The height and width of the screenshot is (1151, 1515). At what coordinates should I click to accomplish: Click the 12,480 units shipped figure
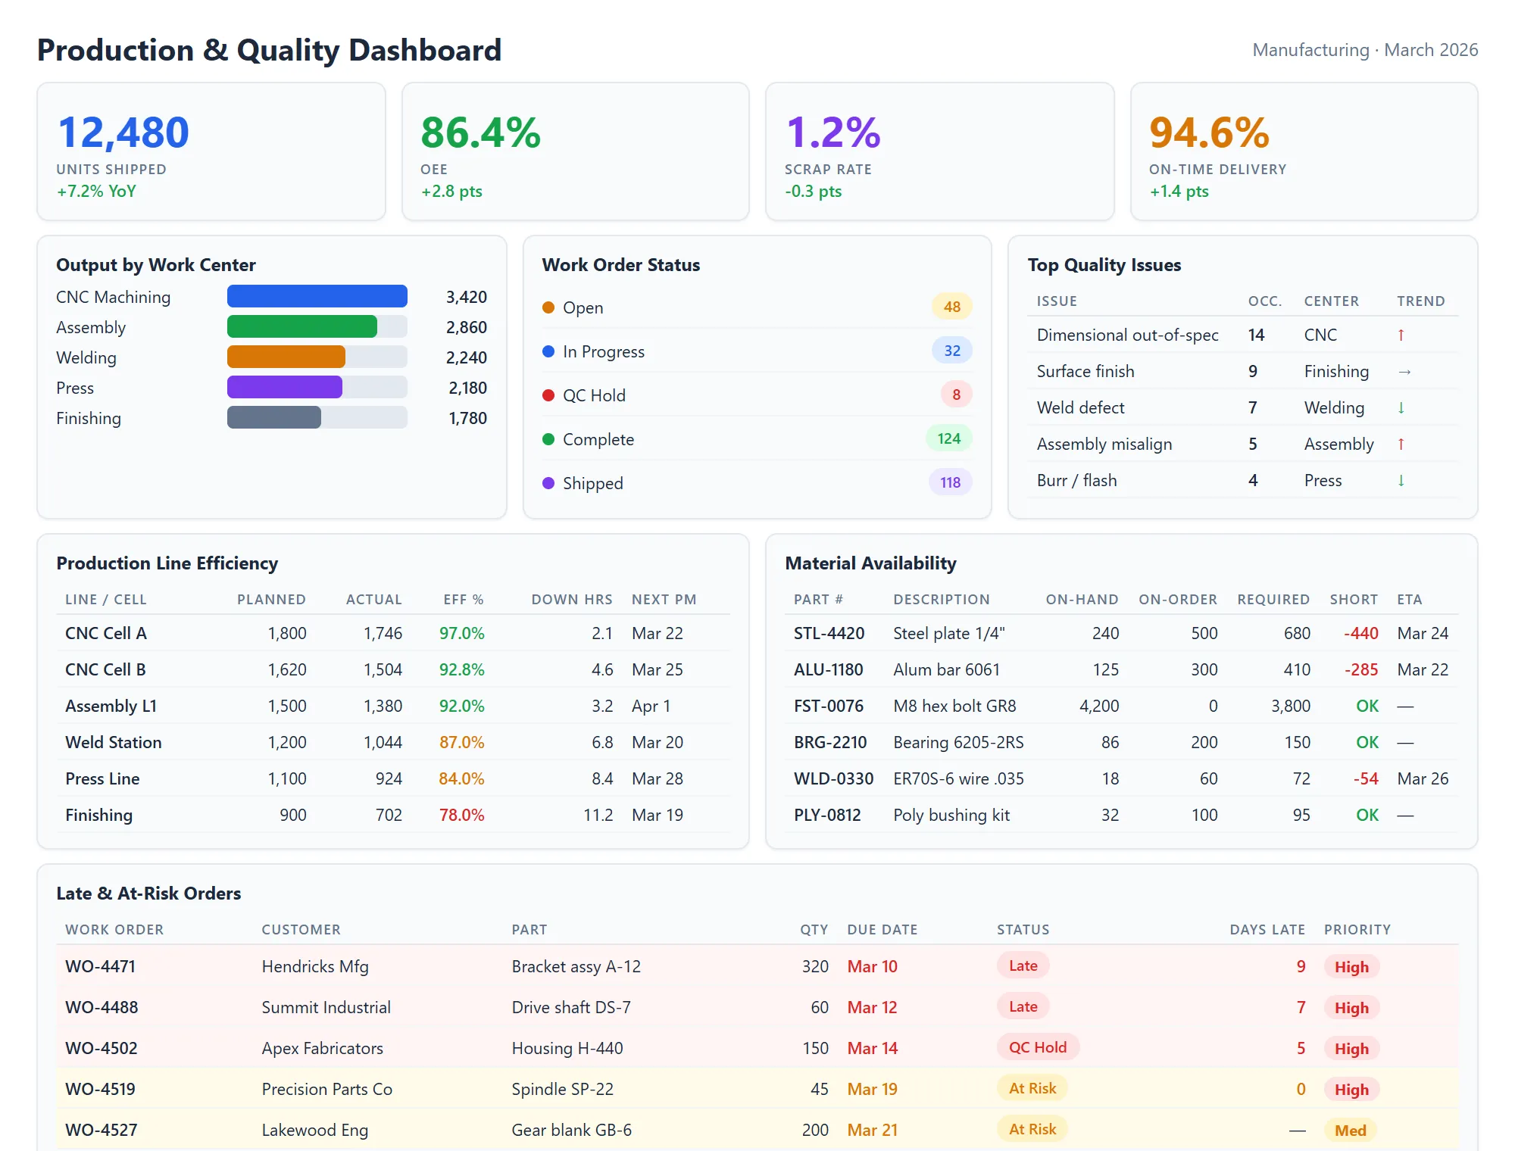tap(123, 133)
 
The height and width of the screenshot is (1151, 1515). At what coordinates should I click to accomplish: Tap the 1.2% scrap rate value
tap(833, 133)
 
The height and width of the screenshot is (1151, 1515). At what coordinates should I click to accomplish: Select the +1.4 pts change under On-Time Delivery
tap(1179, 192)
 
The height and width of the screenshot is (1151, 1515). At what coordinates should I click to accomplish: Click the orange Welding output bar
tap(286, 357)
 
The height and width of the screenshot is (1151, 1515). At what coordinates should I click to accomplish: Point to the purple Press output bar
tap(285, 387)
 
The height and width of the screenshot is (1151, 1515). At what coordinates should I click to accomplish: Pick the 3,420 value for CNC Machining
tap(466, 297)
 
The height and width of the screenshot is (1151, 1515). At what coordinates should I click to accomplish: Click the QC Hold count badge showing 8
tap(956, 395)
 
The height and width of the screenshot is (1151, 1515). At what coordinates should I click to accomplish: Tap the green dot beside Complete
tap(548, 439)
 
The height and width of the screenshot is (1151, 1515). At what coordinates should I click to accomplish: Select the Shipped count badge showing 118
tap(950, 482)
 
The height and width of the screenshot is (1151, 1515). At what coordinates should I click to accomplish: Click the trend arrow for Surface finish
tap(1404, 371)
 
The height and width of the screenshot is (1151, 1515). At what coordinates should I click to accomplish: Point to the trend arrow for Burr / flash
tap(1401, 480)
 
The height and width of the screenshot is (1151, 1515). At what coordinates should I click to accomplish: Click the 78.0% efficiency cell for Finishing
tap(461, 815)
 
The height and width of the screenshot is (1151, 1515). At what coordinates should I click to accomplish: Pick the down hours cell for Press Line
tap(602, 778)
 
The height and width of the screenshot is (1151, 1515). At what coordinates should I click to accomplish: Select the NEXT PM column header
tap(664, 600)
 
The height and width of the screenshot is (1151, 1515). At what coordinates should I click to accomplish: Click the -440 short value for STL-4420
tap(1360, 633)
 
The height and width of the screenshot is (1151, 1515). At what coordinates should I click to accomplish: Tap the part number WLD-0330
tap(833, 778)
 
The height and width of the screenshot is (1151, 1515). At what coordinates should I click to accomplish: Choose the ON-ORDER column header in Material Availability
tap(1177, 600)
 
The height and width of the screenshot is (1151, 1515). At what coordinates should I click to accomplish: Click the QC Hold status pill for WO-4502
tap(1037, 1047)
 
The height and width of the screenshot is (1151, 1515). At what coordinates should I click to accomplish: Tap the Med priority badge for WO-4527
tap(1350, 1131)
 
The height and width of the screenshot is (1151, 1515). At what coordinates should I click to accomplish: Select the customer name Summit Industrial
tap(326, 1007)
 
